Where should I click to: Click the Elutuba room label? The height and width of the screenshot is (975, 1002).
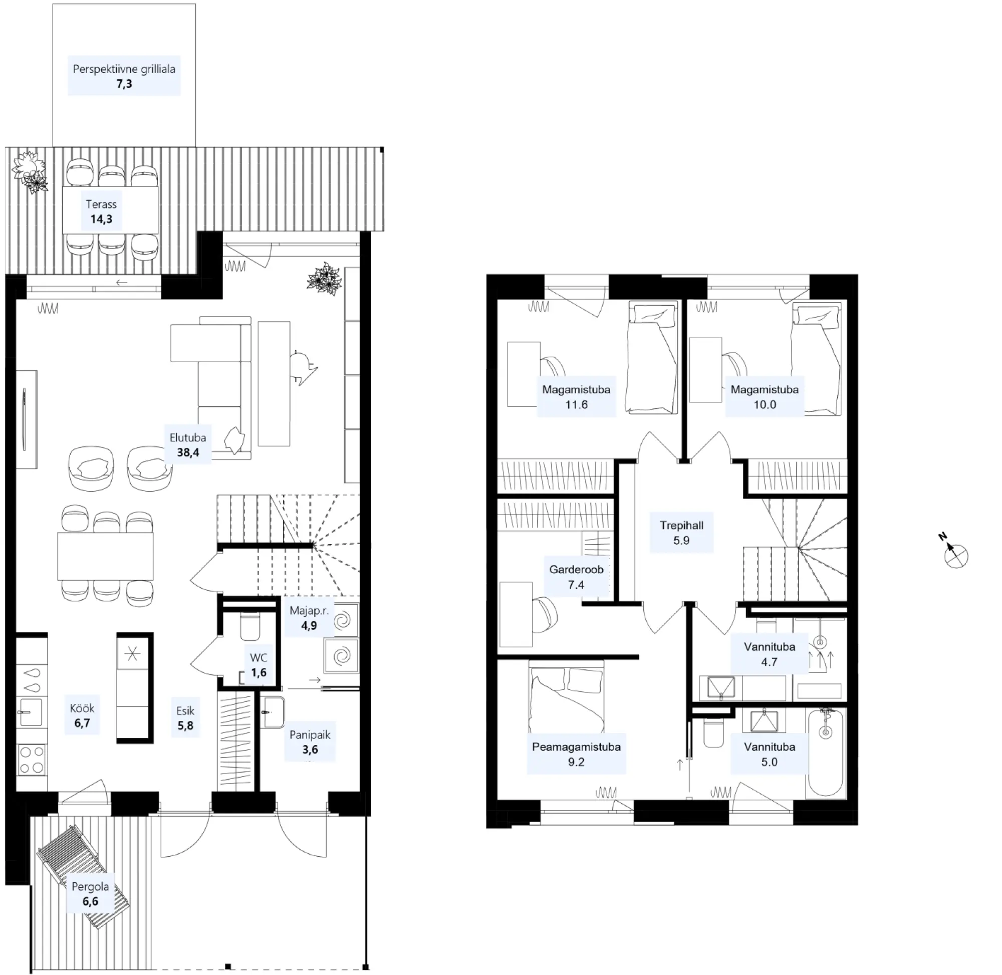pos(188,437)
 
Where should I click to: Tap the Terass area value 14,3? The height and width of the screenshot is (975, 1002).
pos(101,219)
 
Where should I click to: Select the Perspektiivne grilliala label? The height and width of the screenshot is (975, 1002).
pos(124,69)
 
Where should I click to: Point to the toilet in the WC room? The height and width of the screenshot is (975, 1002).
pos(250,627)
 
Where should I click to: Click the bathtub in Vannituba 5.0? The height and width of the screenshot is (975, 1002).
pos(825,753)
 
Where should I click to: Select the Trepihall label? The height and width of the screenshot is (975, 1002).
pos(681,525)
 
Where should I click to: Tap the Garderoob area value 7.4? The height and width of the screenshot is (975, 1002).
pos(576,584)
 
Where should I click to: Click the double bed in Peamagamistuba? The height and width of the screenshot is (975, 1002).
pos(566,696)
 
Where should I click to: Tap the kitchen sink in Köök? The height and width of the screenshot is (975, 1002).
pos(30,712)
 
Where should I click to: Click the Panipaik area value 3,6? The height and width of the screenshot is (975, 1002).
pos(310,750)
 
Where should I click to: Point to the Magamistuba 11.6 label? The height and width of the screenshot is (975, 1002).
pos(576,389)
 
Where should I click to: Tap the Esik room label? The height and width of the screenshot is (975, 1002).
pos(185,710)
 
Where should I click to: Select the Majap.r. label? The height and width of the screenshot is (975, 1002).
pos(309,610)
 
